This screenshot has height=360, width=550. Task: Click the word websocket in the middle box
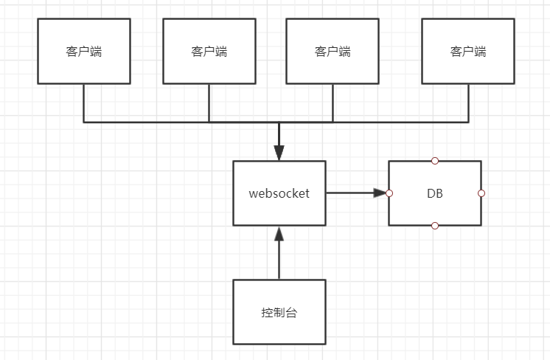(279, 193)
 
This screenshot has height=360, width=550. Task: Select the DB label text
(435, 193)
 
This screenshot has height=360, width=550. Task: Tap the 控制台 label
(279, 312)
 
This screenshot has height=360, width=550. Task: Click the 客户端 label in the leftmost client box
(84, 52)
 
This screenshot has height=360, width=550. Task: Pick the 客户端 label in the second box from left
(209, 52)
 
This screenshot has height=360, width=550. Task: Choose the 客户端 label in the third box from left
(333, 52)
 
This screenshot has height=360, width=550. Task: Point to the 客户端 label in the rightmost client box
(468, 52)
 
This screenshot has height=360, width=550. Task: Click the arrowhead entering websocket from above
(279, 153)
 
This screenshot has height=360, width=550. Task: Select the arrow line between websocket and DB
(350, 193)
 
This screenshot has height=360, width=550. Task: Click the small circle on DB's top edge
(435, 160)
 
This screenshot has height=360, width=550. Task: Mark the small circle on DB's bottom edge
(435, 226)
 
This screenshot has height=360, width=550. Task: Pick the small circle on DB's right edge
(481, 193)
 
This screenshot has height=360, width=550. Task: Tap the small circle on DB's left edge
(389, 193)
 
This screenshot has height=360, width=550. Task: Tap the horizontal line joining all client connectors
(147, 121)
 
